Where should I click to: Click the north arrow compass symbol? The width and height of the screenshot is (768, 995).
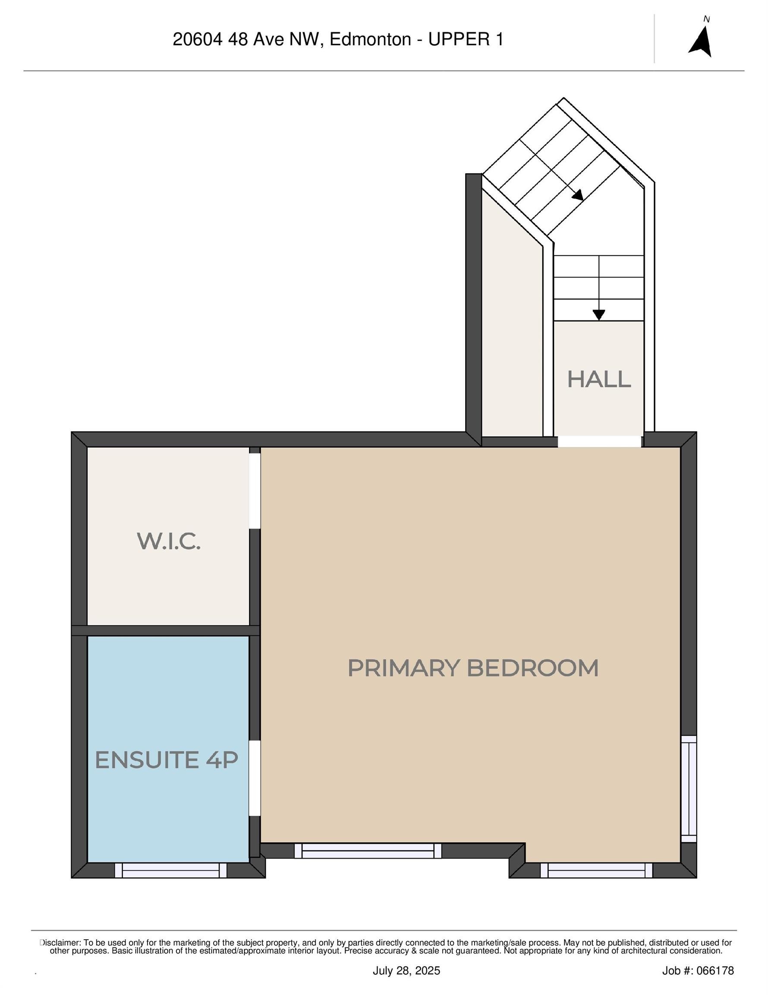click(700, 41)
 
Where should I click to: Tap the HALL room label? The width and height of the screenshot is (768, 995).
click(598, 380)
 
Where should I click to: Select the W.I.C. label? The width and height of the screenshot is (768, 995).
click(168, 541)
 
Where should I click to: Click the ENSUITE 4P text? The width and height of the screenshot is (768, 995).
click(166, 760)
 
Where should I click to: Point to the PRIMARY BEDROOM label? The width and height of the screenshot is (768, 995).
click(472, 668)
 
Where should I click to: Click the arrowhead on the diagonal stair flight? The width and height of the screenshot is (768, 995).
click(578, 196)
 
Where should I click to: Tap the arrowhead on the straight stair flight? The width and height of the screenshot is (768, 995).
click(598, 315)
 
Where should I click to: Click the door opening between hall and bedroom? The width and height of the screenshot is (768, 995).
click(599, 441)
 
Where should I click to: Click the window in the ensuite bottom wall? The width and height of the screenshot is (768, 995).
click(171, 871)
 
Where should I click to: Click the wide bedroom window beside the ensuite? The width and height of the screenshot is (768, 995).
click(368, 851)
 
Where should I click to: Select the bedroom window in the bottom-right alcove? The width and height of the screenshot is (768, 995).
click(596, 871)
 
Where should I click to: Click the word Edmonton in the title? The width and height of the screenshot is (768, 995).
click(370, 40)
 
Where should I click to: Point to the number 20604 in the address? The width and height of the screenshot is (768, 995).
click(198, 40)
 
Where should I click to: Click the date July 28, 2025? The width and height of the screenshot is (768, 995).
click(406, 971)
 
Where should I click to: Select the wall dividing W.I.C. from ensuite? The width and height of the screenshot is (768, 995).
click(166, 631)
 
